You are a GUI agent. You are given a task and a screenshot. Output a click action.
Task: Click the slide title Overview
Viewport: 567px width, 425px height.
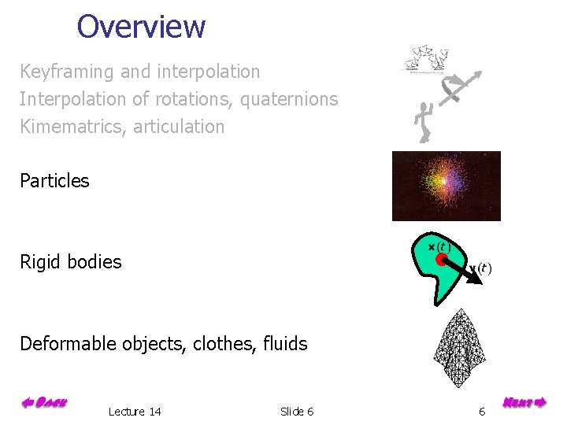pyautogui.click(x=141, y=27)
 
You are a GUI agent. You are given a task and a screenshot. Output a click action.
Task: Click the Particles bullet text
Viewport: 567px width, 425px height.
pyautogui.click(x=54, y=181)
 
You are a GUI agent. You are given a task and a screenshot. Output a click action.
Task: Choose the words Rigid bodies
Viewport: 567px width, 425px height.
pyautogui.click(x=71, y=262)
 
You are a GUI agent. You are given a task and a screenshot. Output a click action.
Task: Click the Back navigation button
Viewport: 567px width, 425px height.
pyautogui.click(x=44, y=404)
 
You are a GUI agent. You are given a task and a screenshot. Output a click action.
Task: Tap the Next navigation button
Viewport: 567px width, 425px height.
pyautogui.click(x=524, y=404)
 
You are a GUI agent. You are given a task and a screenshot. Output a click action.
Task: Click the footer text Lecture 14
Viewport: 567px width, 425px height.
pyautogui.click(x=135, y=412)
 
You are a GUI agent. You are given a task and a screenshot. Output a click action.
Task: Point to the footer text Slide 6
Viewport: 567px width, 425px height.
pyautogui.click(x=297, y=412)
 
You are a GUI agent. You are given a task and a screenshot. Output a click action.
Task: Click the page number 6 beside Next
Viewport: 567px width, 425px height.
pyautogui.click(x=482, y=412)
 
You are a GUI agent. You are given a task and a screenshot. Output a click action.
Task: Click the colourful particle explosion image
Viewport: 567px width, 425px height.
pyautogui.click(x=446, y=186)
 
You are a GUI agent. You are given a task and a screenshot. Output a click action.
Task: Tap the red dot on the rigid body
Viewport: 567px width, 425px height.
pyautogui.click(x=443, y=261)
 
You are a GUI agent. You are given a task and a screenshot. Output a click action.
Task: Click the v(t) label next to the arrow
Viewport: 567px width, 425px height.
pyautogui.click(x=481, y=269)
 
